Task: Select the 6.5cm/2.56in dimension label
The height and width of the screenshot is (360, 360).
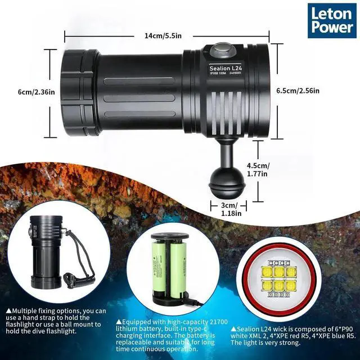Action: [298, 91]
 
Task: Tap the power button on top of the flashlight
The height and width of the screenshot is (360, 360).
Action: [222, 49]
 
